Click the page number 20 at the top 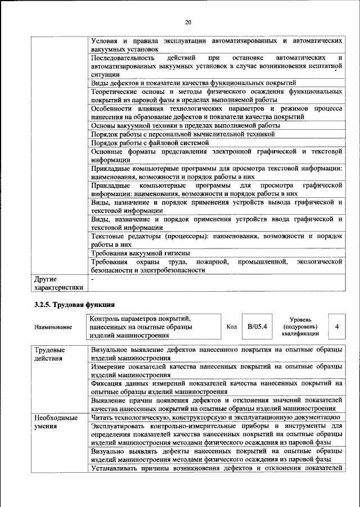coord(188,22)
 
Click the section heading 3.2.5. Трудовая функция coord(69,304)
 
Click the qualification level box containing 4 coord(336,326)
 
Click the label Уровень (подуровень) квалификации coord(301,326)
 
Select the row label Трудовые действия coord(49,354)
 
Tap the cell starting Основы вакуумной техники coord(185,126)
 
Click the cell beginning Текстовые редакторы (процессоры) coord(216,241)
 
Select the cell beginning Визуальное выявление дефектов coord(216,354)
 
